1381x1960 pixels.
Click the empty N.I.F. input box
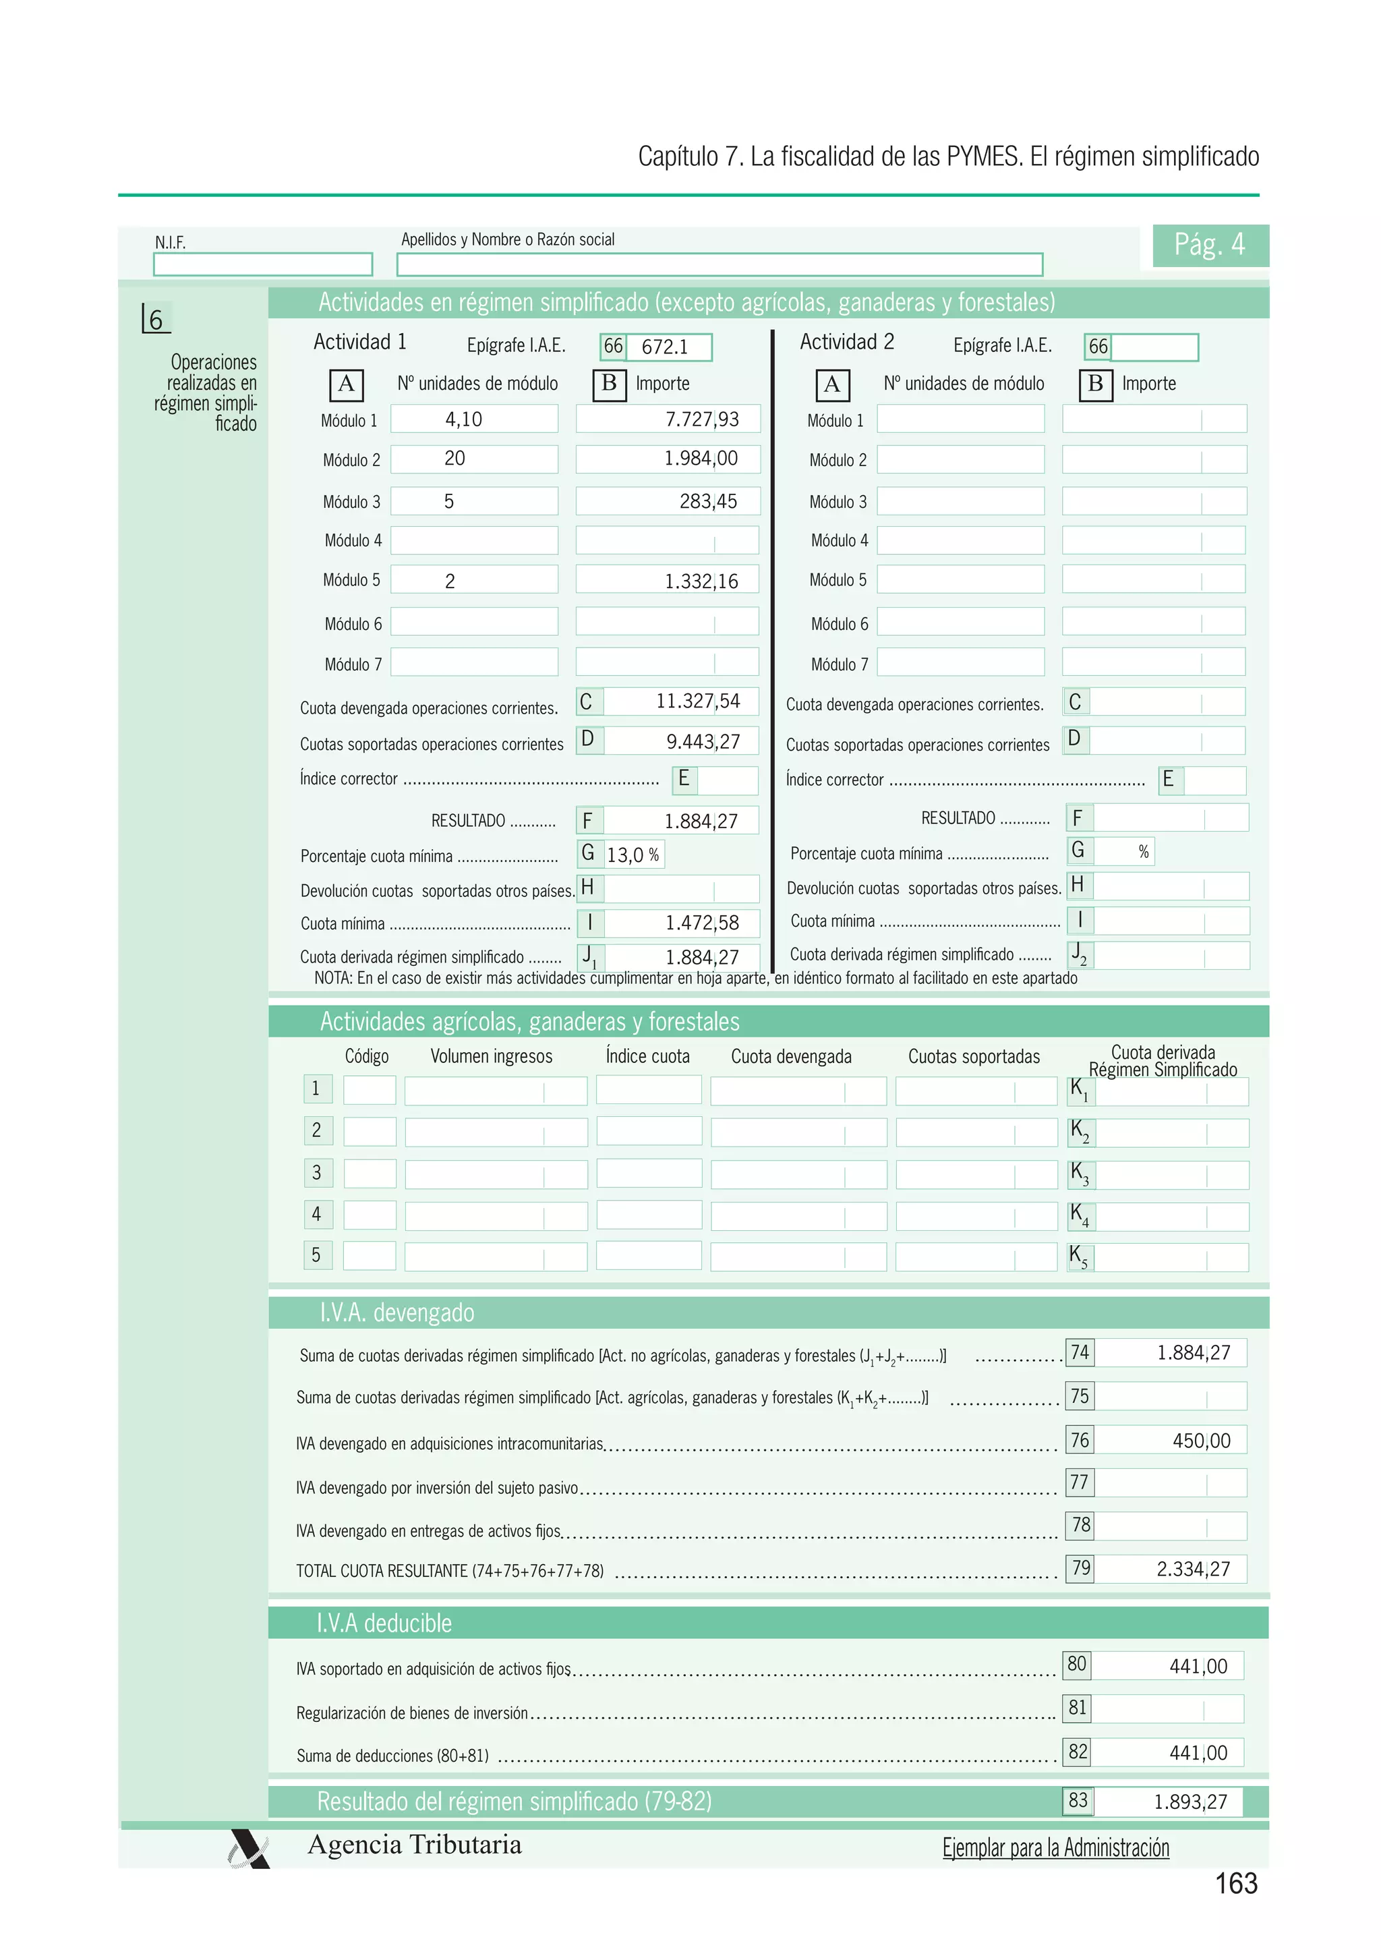(262, 264)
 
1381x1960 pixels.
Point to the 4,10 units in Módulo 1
(463, 419)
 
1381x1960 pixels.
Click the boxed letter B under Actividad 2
(1094, 384)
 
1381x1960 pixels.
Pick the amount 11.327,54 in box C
(697, 701)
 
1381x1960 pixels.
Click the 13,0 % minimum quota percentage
(633, 855)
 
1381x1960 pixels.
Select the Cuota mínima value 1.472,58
(701, 923)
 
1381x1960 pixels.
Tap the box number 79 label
(1080, 1567)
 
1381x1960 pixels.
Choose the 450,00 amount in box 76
(1201, 1440)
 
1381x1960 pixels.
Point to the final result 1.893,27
(1189, 1802)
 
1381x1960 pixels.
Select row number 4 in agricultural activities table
(317, 1214)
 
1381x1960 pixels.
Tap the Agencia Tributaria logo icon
(249, 1849)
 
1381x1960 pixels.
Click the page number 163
(1235, 1883)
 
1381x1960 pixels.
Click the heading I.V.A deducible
(384, 1623)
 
